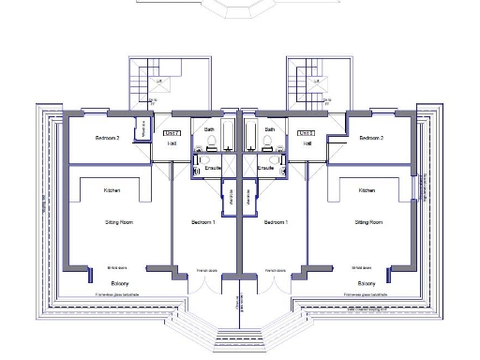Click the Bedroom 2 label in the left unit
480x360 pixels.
click(108, 138)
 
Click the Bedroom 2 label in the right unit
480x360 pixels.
click(370, 138)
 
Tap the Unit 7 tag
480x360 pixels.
click(172, 133)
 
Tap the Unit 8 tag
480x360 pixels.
click(306, 133)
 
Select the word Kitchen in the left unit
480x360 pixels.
click(112, 190)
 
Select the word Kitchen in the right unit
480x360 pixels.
click(367, 190)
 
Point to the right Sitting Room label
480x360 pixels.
click(368, 222)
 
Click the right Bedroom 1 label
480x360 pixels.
click(275, 222)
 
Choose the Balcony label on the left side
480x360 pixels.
click(117, 282)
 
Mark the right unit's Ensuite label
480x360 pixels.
click(267, 168)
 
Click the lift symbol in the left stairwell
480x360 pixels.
click(158, 83)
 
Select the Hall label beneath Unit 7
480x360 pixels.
click(172, 143)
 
